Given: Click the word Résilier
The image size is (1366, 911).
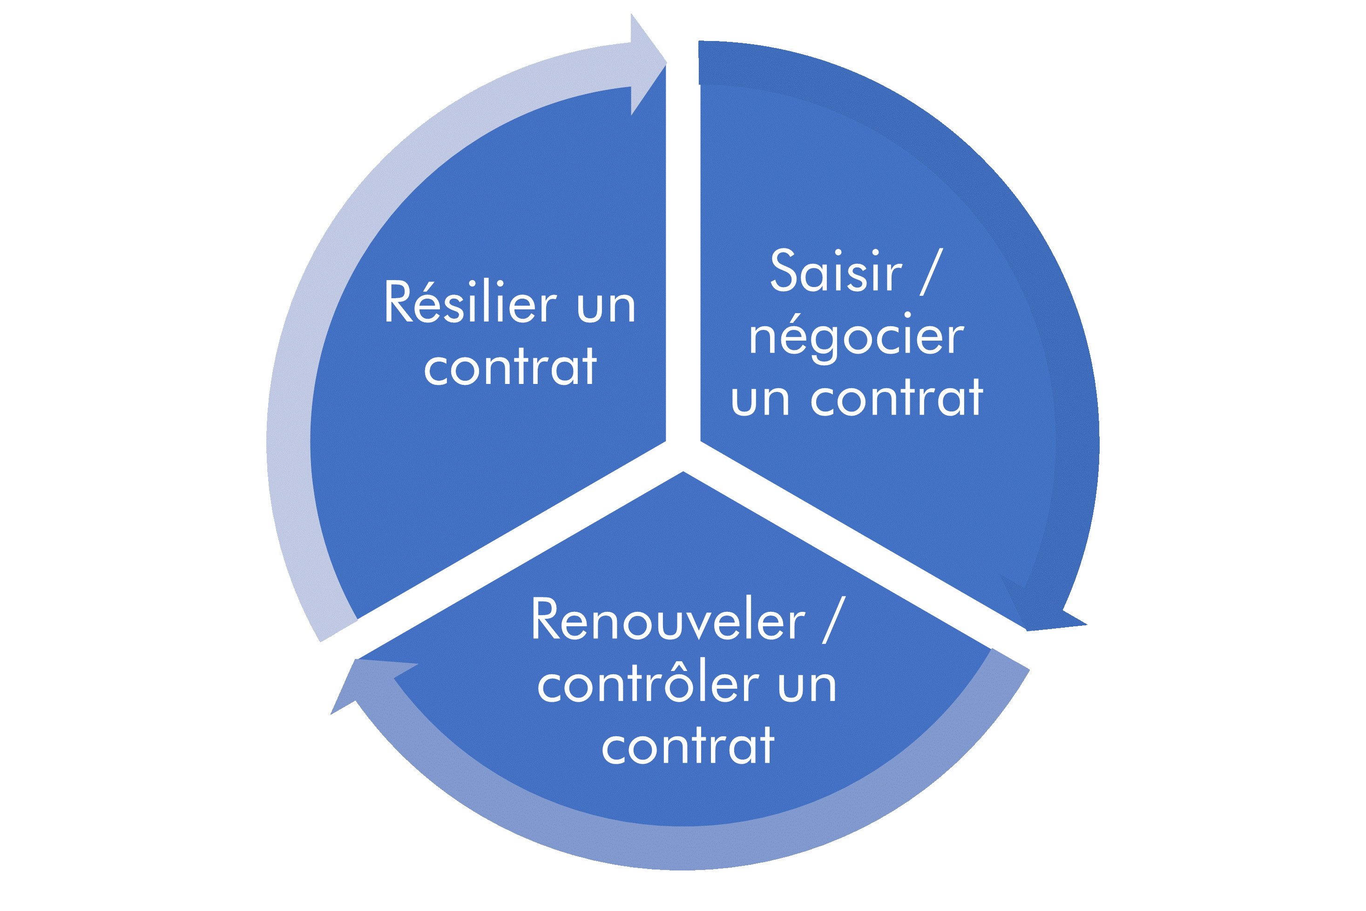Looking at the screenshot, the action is pyautogui.click(x=470, y=301).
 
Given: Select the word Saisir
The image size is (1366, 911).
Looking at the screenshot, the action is pyautogui.click(x=836, y=270).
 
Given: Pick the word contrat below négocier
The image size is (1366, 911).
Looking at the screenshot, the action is pyautogui.click(x=897, y=398).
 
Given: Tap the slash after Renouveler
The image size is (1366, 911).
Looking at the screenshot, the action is pyautogui.click(x=834, y=620).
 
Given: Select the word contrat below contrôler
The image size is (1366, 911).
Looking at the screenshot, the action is pyautogui.click(x=688, y=746).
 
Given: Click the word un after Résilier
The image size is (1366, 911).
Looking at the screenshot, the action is pyautogui.click(x=607, y=306).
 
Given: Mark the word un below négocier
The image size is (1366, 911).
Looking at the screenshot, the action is pyautogui.click(x=760, y=400).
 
